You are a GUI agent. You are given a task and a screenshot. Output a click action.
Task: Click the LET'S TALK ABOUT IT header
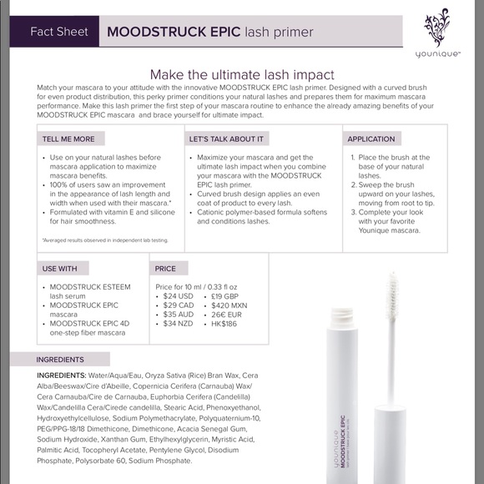click(227, 139)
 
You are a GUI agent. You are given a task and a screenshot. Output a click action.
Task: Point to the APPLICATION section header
click(371, 139)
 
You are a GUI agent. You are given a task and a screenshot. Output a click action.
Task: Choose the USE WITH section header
click(59, 268)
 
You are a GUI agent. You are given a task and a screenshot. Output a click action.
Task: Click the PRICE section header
click(165, 268)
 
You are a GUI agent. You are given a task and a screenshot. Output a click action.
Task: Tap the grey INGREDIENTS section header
click(60, 360)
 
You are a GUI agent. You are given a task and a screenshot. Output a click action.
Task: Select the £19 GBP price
click(226, 296)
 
